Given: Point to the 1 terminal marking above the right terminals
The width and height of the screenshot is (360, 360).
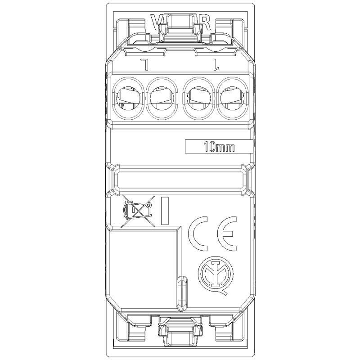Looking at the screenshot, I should click(x=215, y=66).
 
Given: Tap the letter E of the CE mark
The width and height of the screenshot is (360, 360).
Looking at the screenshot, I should click(x=229, y=235).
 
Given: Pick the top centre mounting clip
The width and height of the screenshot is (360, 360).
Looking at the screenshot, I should click(x=180, y=27).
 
